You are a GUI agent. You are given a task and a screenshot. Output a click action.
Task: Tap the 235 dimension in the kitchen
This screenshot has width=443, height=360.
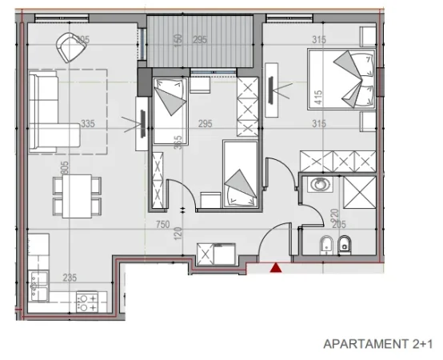tap(70, 278)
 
